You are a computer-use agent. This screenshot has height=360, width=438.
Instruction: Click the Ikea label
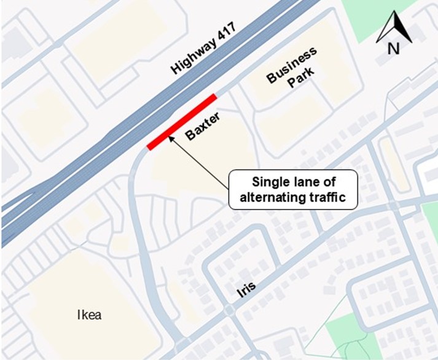pyautogui.click(x=88, y=316)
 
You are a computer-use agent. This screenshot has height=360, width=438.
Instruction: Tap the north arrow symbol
pyautogui.click(x=394, y=29)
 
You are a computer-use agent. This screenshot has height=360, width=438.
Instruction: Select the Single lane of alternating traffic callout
pyautogui.click(x=292, y=190)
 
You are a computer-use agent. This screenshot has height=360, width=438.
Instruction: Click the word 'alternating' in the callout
pyautogui.click(x=272, y=198)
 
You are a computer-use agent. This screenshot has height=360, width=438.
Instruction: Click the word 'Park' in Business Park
pyautogui.click(x=302, y=77)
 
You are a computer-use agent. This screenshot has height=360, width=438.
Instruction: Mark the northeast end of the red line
pyautogui.click(x=214, y=96)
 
